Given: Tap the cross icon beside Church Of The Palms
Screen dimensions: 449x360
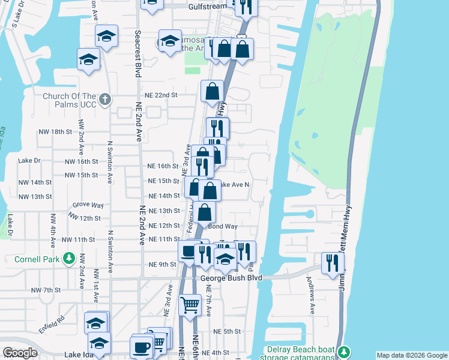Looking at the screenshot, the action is click(104, 98).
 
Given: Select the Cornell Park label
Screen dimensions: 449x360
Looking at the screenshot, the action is click(39, 260).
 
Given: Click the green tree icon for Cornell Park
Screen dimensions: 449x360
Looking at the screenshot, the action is click(70, 259).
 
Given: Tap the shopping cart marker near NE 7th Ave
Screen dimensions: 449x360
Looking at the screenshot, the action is click(190, 304).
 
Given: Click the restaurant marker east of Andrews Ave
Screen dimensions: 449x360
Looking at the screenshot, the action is click(332, 262).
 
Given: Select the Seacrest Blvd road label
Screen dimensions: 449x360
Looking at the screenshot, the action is click(138, 54).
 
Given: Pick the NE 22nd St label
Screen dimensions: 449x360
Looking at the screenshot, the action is click(161, 95).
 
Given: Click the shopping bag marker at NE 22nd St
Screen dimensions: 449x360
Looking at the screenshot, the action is click(212, 91).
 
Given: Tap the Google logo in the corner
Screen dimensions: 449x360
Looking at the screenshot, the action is click(20, 353).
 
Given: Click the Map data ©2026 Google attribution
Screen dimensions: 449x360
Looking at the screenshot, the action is click(412, 355).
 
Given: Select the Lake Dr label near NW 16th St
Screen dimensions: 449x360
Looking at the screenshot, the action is click(29, 161).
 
